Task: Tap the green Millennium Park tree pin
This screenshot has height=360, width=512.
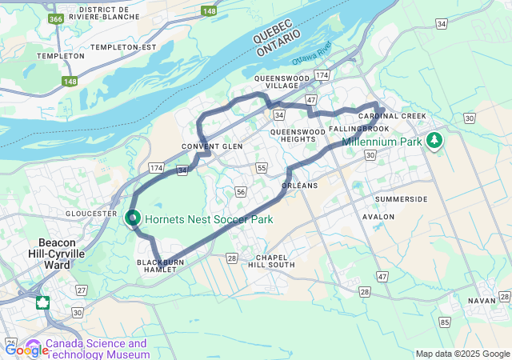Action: (x=434, y=141)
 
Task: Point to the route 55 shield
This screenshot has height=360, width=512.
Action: (x=262, y=167)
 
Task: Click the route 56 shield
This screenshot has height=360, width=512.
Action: (x=241, y=192)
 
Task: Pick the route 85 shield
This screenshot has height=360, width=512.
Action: (x=444, y=322)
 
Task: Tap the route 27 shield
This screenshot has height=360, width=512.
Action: (x=82, y=290)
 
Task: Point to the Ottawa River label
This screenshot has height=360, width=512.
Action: (x=311, y=60)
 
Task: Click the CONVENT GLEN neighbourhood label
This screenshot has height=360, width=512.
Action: (x=212, y=146)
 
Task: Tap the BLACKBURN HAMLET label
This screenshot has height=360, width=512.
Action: (x=159, y=266)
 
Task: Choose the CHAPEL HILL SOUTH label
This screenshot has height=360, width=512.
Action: (x=270, y=261)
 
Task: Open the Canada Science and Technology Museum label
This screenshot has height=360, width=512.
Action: (x=97, y=348)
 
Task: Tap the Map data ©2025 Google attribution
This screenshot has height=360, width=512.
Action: (x=462, y=354)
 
